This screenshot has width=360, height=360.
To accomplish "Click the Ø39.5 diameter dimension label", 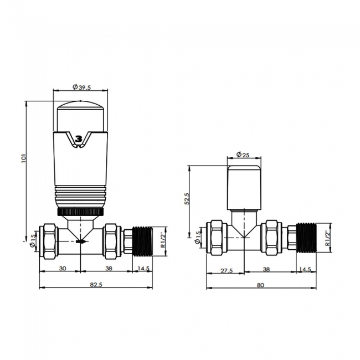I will click(81, 86).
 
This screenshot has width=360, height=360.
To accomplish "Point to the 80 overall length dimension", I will click(260, 284).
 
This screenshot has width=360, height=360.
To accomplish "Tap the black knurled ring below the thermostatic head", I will click(80, 212).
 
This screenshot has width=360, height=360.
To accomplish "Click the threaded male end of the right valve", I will click(304, 237).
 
